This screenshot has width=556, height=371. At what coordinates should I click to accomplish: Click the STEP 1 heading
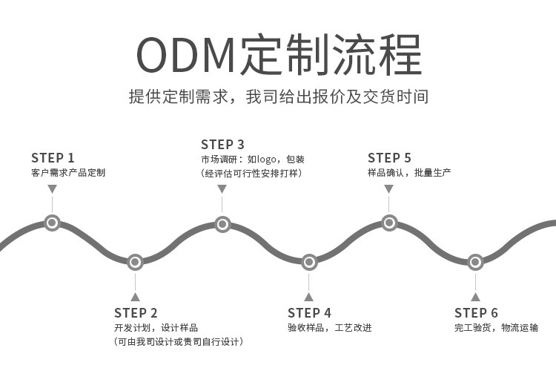(53, 157)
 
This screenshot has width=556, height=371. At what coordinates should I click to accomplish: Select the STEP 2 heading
(136, 312)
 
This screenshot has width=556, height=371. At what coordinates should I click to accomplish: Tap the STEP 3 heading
(222, 144)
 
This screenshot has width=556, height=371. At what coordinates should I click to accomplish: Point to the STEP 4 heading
(309, 312)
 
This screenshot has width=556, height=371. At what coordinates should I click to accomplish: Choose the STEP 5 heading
(389, 157)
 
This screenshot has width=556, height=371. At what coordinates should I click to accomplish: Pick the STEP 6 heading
(476, 312)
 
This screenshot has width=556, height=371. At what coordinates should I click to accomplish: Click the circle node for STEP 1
(52, 222)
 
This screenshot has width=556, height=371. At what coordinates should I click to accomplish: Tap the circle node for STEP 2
(135, 262)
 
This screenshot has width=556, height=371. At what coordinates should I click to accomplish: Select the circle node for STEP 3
(222, 223)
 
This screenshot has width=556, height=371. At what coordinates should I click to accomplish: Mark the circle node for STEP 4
(309, 262)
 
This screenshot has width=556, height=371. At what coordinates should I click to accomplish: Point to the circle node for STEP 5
(389, 222)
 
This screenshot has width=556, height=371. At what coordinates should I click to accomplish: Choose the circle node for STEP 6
(475, 262)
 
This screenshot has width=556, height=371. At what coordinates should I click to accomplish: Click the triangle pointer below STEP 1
(52, 189)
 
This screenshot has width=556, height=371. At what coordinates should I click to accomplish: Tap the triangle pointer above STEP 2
(135, 296)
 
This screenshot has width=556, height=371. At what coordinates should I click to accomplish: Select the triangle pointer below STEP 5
(389, 189)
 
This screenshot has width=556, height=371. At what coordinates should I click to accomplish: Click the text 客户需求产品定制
(67, 173)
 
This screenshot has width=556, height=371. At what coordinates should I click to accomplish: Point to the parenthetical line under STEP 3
(251, 173)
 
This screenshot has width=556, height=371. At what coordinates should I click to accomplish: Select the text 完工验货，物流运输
(496, 327)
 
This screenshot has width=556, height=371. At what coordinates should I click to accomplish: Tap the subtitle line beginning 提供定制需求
(278, 96)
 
